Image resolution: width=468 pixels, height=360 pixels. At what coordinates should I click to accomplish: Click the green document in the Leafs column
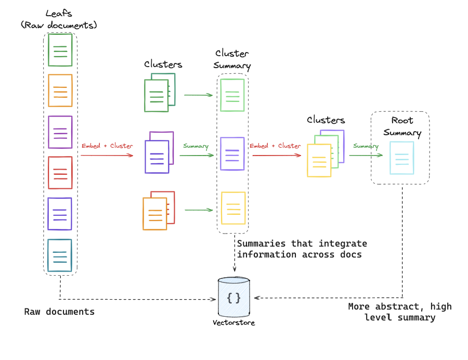point(60,50)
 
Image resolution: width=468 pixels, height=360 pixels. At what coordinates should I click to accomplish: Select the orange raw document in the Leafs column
point(60,90)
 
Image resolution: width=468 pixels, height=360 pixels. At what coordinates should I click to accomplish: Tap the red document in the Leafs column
point(60,172)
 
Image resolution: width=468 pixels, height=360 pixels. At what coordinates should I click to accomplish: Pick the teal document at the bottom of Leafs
point(59,255)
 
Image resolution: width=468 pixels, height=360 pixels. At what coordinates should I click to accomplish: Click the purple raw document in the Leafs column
point(60,132)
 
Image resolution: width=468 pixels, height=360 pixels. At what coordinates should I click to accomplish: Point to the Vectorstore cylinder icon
point(234,297)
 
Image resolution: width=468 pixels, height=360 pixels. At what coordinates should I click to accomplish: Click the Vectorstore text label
point(234,323)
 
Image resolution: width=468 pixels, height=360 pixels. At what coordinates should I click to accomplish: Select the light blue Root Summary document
point(402,158)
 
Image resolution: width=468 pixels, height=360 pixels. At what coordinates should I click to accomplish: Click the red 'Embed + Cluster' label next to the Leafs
point(107,146)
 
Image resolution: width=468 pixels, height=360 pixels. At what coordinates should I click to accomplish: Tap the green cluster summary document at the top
point(232,95)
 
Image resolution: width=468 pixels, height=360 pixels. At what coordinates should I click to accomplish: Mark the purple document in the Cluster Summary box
point(232,153)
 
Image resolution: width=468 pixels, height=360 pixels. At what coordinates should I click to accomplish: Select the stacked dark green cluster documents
point(160,92)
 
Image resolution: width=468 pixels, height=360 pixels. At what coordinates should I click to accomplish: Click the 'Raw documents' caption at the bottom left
point(59,312)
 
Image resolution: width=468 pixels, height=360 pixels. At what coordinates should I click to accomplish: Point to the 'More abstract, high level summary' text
point(399,312)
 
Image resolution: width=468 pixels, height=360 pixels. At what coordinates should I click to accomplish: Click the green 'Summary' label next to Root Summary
point(366,146)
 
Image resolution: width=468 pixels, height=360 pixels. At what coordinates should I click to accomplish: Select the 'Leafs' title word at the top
point(58,14)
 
